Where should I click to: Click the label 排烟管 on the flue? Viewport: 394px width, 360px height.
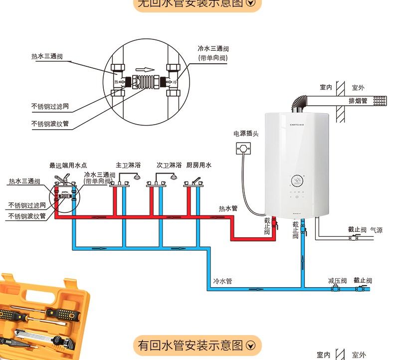pyautogui.click(x=358, y=101)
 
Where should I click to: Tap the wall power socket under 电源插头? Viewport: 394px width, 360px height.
pyautogui.click(x=243, y=148)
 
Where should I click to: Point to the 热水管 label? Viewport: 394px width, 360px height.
pyautogui.click(x=228, y=208)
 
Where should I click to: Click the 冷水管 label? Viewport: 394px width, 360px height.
pyautogui.click(x=222, y=281)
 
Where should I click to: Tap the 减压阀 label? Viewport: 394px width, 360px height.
pyautogui.click(x=337, y=281)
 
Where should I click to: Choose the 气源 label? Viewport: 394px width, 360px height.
pyautogui.click(x=376, y=230)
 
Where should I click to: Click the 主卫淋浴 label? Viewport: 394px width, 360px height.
pyautogui.click(x=128, y=165)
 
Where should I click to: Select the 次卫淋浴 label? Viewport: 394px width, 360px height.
pyautogui.click(x=169, y=165)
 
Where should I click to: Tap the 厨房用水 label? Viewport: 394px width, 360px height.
pyautogui.click(x=199, y=165)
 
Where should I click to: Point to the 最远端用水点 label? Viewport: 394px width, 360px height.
pyautogui.click(x=68, y=165)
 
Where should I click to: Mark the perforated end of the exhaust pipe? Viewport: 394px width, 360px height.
pyautogui.click(x=381, y=100)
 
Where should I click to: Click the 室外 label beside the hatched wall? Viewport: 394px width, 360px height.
pyautogui.click(x=358, y=88)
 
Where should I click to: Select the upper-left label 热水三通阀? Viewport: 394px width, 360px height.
pyautogui.click(x=47, y=57)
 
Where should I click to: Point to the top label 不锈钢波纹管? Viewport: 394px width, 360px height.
pyautogui.click(x=50, y=124)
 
